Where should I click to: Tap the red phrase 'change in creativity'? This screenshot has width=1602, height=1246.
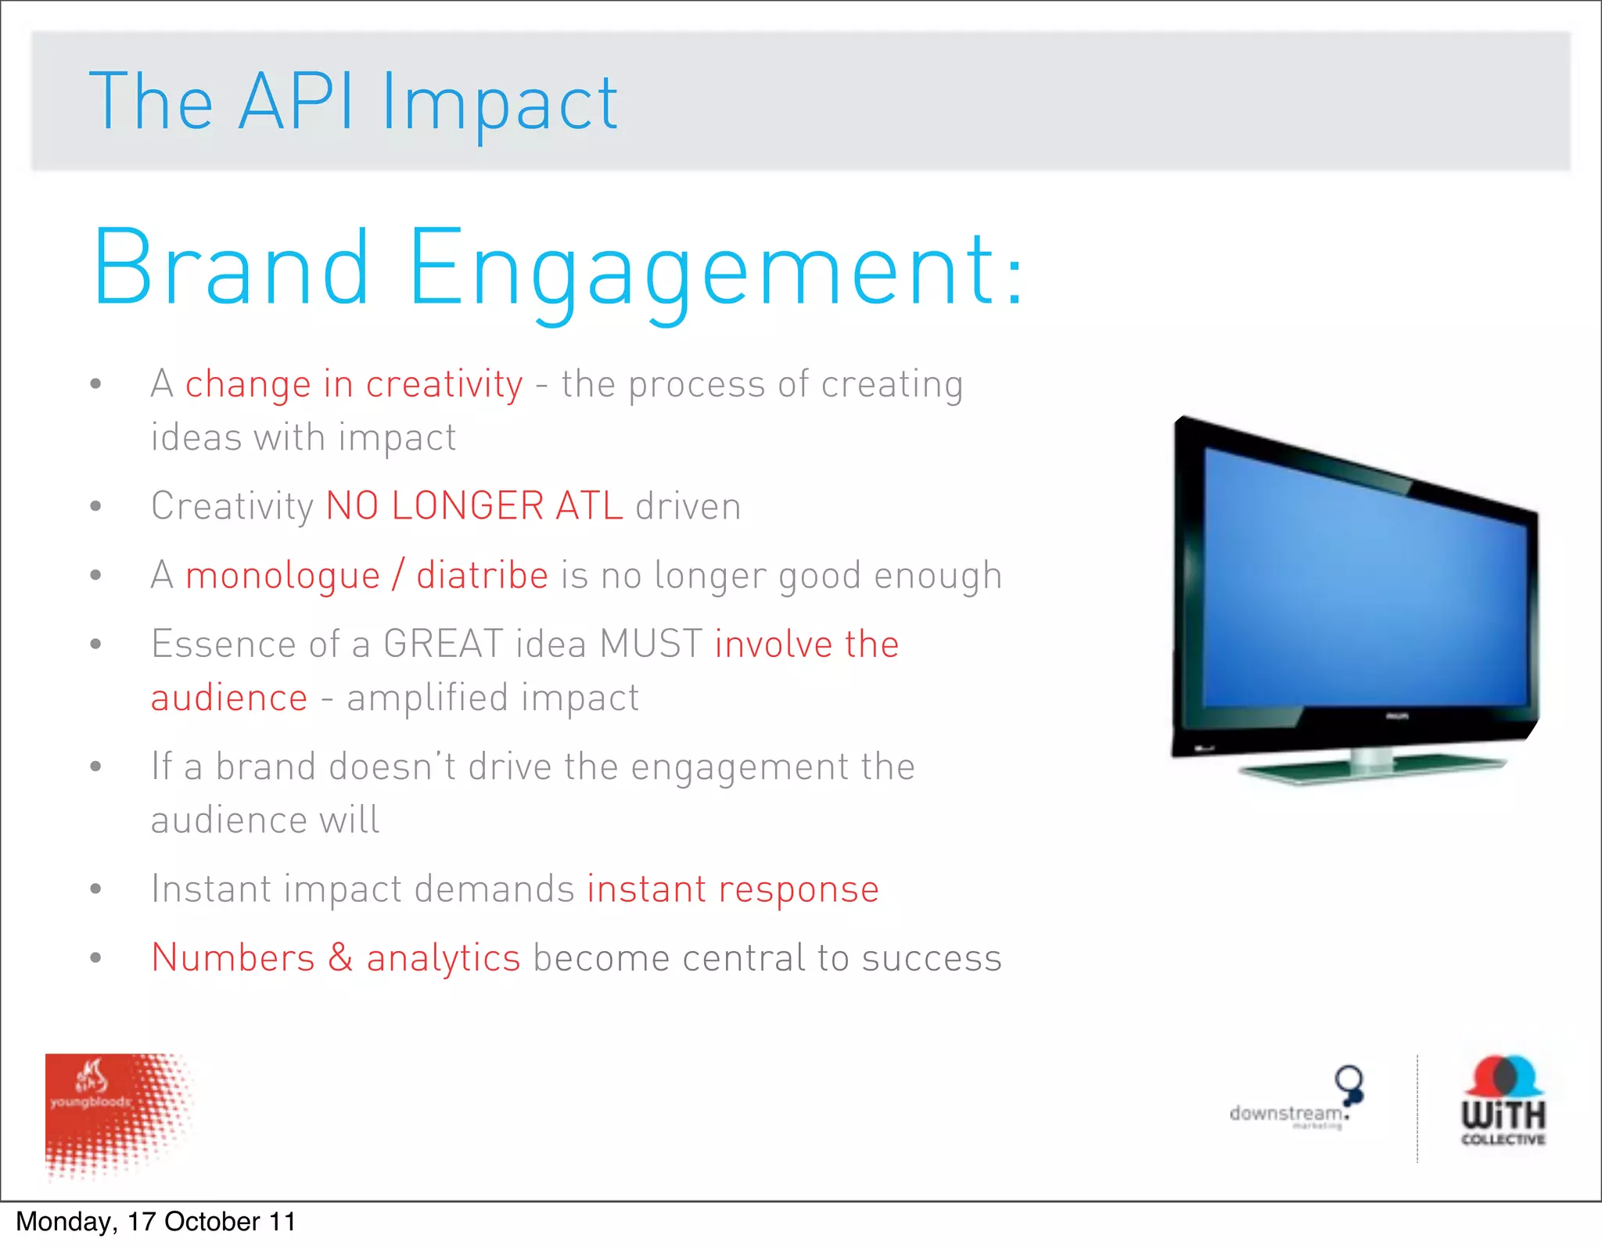click(354, 384)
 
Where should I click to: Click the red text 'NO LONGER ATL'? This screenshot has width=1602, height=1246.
click(474, 505)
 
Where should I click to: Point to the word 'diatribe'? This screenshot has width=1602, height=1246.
click(482, 575)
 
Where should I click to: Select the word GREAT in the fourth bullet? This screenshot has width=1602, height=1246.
click(443, 644)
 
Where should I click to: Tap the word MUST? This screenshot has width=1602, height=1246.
click(651, 644)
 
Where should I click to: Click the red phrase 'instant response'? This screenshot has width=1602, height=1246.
click(733, 889)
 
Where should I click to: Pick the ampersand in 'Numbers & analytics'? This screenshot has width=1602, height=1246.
click(340, 957)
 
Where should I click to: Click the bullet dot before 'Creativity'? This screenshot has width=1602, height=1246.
click(95, 506)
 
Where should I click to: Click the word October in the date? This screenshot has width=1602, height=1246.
click(212, 1222)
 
